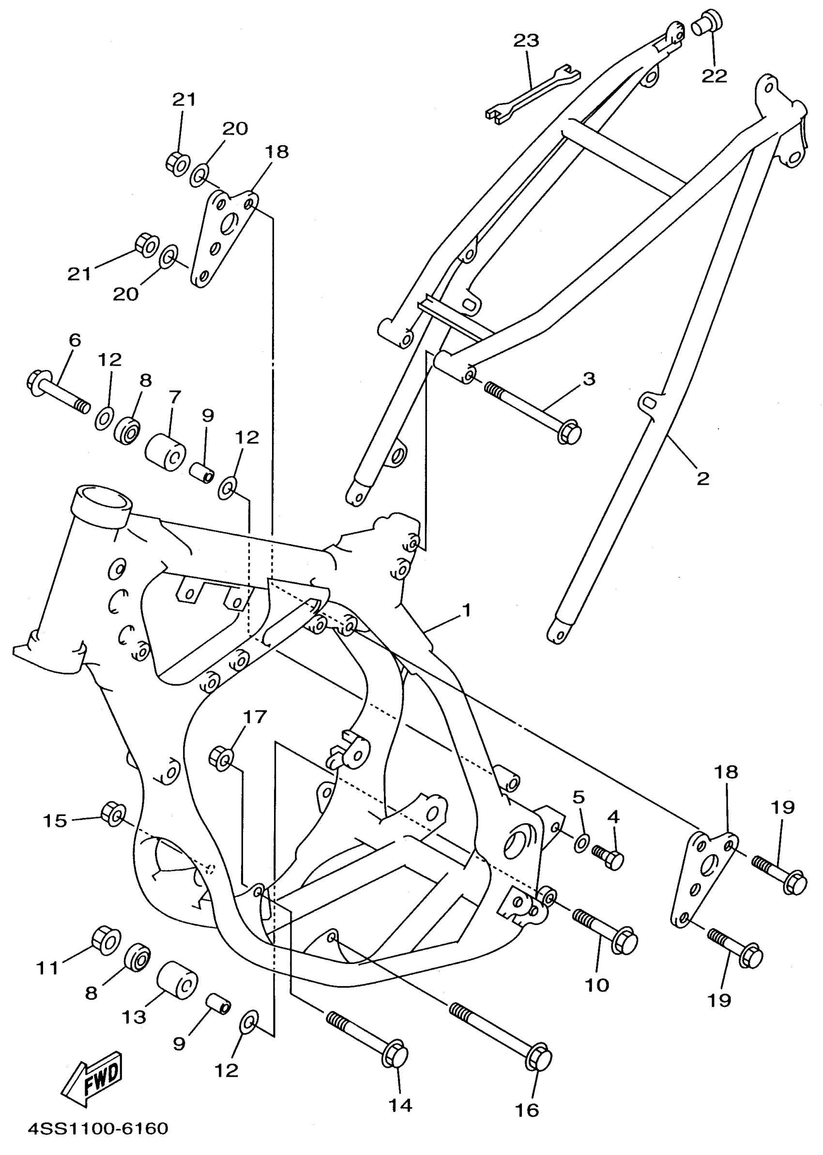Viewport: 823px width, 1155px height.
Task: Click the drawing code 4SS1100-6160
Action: coord(97,1129)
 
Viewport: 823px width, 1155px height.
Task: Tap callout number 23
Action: coord(526,41)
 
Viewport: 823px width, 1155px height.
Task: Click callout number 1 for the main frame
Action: coord(466,610)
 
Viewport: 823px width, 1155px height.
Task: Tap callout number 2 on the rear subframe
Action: coord(703,478)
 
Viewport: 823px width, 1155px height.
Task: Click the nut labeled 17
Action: coord(221,758)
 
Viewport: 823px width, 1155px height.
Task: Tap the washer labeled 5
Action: coord(581,843)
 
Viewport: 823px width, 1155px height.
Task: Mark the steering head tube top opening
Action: coord(103,498)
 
